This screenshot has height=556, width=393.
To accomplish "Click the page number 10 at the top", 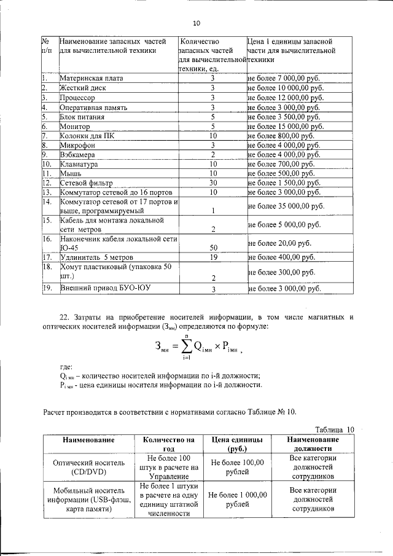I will (196, 23).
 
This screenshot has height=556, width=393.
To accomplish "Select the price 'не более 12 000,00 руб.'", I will (285, 97).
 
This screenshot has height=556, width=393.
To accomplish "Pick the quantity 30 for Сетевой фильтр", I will (212, 183).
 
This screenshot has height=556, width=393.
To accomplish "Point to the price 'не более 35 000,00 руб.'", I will (286, 206).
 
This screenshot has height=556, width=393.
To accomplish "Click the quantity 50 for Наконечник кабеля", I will (212, 248).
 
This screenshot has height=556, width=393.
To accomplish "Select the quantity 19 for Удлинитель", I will (212, 257).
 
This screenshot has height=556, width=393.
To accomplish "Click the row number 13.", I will (46, 192).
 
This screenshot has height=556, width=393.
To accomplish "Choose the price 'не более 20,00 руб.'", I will (279, 243).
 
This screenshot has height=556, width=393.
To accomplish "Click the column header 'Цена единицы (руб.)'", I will (237, 444).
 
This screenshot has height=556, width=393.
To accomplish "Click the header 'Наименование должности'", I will (313, 444).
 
